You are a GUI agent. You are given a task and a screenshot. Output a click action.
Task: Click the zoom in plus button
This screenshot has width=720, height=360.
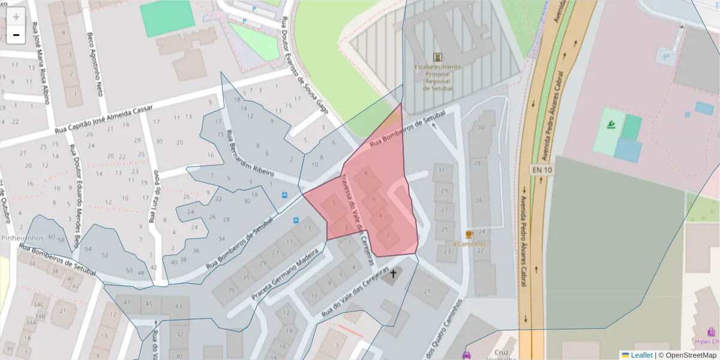click(x=16, y=17)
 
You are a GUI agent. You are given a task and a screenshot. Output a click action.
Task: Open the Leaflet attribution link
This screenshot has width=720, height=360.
click(x=641, y=355)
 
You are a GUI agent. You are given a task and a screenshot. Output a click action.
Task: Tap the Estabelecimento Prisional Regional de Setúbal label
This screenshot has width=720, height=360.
click(x=438, y=77)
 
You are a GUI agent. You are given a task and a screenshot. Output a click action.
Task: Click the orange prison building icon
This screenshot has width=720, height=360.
click(x=438, y=57)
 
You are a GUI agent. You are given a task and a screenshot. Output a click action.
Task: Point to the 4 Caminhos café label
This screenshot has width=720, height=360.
click(x=469, y=244)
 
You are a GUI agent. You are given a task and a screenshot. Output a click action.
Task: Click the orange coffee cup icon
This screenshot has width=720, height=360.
click(x=469, y=234)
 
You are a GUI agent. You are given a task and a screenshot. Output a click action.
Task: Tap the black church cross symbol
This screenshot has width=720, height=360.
click(x=394, y=275)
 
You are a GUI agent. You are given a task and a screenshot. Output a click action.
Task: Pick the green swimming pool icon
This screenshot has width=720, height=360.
click(x=611, y=125)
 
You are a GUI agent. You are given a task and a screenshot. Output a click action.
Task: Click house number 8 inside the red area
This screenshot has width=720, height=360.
click(x=366, y=174)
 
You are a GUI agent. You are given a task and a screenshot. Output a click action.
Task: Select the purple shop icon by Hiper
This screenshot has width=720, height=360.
click(x=710, y=331)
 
